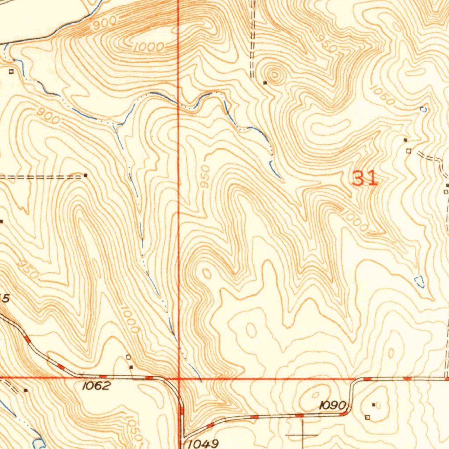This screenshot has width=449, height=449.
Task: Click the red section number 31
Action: pyautogui.click(x=365, y=178)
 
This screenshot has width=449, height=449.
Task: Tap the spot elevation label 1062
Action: pyautogui.click(x=96, y=386)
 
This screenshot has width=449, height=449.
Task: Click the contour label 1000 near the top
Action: pyautogui.click(x=149, y=46)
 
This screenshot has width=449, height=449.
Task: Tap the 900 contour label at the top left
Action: pyautogui.click(x=105, y=22)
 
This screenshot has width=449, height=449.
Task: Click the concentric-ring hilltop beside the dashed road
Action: pyautogui.click(x=275, y=75)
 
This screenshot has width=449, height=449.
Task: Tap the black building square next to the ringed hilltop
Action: pyautogui.click(x=265, y=82)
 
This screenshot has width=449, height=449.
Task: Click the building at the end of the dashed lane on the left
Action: pyautogui.click(x=86, y=175)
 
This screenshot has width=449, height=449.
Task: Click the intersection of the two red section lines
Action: pyautogui.click(x=179, y=378)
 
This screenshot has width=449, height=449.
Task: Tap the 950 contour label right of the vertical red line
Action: pyautogui.click(x=205, y=177)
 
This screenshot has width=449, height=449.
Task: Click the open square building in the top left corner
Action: pyautogui.click(x=11, y=71)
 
